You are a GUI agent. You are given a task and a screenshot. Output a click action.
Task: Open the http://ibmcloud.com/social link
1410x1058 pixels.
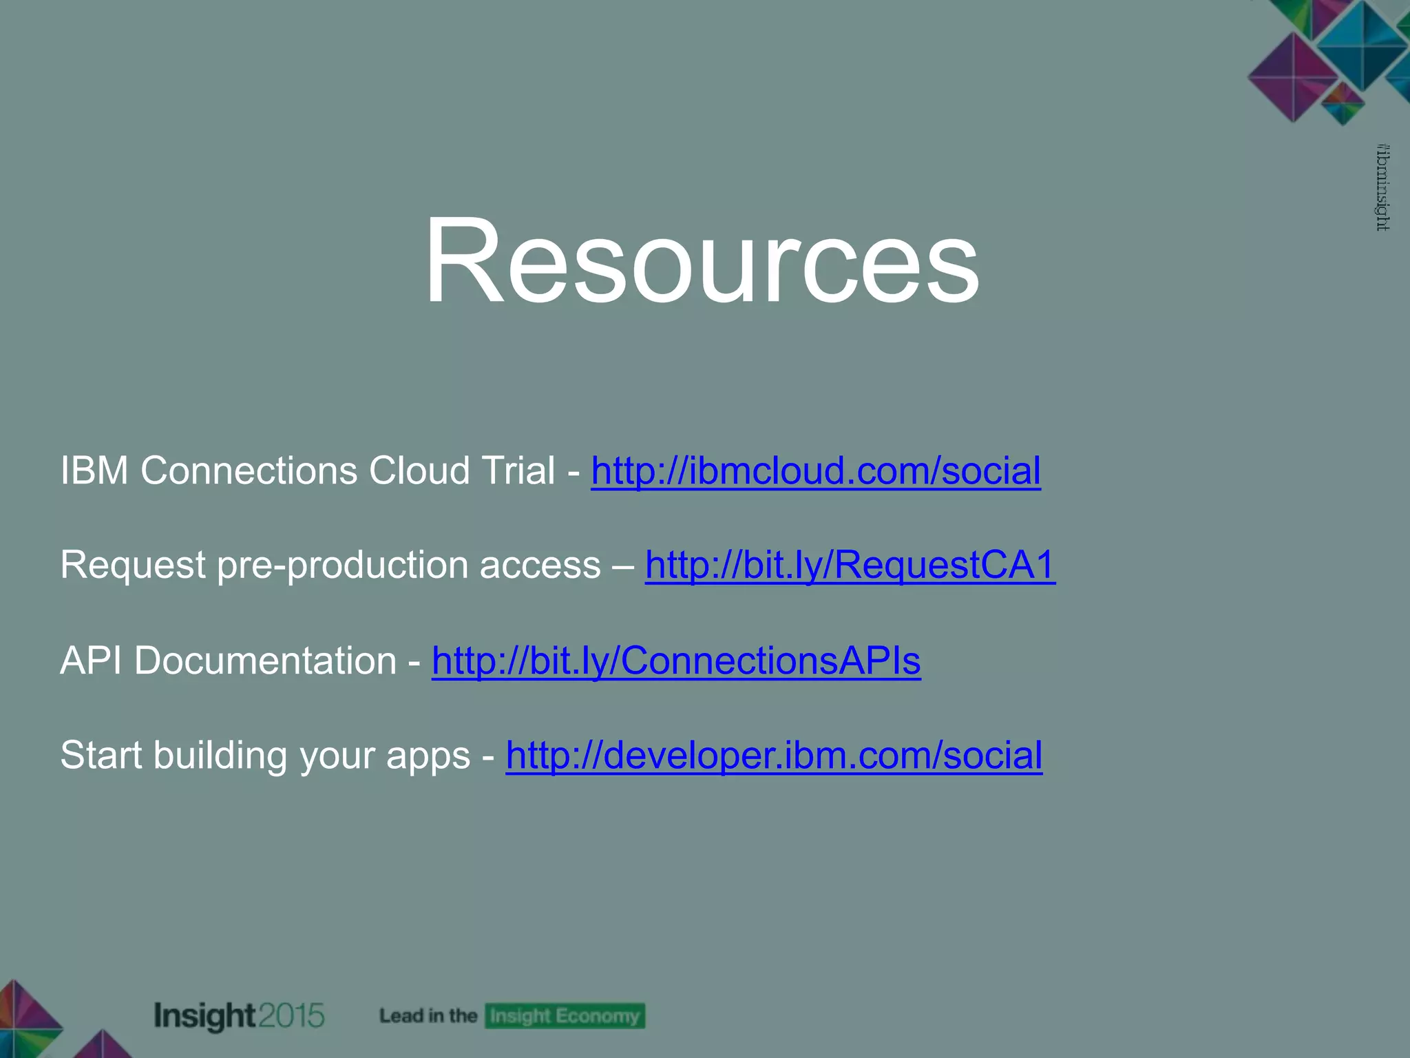(x=816, y=471)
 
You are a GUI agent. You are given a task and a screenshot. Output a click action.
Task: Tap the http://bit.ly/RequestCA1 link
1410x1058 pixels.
(x=850, y=566)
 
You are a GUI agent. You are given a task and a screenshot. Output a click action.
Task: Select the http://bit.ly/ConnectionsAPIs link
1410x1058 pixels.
(x=676, y=661)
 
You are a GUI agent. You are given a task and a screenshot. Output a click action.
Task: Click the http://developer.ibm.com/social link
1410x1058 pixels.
(x=774, y=755)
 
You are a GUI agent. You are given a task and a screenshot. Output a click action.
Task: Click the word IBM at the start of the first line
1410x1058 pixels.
(x=94, y=471)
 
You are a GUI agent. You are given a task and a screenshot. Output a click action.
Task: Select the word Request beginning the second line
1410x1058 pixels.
(x=133, y=566)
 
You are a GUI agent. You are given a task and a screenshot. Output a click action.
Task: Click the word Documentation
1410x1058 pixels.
(x=265, y=661)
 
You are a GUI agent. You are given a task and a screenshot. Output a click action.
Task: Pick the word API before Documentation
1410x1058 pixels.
(x=91, y=661)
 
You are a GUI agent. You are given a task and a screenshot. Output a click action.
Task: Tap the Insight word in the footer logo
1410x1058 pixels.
(x=204, y=1016)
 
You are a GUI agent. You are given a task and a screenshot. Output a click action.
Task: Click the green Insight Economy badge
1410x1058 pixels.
(x=565, y=1016)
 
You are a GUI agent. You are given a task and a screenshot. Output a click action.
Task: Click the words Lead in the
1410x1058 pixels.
(x=428, y=1016)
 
